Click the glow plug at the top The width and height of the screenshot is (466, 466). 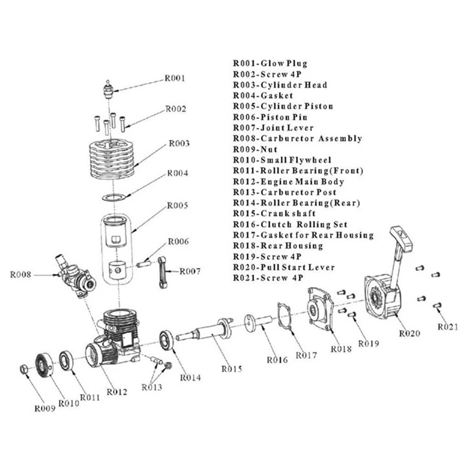coord(108,89)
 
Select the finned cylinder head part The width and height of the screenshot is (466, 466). coord(112,159)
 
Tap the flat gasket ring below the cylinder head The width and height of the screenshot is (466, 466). coord(114,197)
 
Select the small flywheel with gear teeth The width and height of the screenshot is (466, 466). coord(44,365)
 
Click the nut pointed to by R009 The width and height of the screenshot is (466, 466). coord(24,369)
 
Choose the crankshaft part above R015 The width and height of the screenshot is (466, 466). coord(205,330)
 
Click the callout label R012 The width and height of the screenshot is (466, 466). coord(117,392)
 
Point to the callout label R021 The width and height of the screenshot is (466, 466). coord(448,327)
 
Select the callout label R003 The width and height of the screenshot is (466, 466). coord(179,143)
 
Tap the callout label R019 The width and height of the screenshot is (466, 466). coord(369,344)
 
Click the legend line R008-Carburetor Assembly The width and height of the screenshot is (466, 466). coord(298,139)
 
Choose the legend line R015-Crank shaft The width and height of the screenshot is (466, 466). coord(274,213)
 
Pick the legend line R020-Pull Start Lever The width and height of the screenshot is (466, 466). coord(284,267)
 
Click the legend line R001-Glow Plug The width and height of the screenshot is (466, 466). coord(270,63)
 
